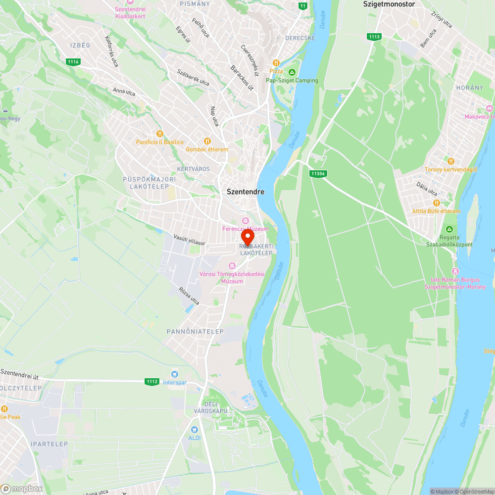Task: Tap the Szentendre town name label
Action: [x=246, y=192]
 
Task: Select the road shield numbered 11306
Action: [x=318, y=174]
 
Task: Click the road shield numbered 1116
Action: [x=73, y=61]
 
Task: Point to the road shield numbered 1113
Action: [x=374, y=37]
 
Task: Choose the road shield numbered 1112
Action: [x=152, y=382]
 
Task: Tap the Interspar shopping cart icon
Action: [x=174, y=374]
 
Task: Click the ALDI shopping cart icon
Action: [x=195, y=429]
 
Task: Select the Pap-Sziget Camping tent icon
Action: [x=292, y=72]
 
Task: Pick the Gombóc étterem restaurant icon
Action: [x=207, y=141]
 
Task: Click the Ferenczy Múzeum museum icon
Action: [x=245, y=220]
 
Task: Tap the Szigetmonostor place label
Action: [x=389, y=4]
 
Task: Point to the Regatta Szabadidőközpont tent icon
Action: [x=449, y=229]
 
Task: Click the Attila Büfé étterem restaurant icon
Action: [x=436, y=203]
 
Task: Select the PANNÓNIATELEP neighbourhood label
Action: [x=195, y=331]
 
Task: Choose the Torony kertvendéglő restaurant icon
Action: [x=450, y=161]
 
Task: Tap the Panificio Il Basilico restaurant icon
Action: [x=159, y=134]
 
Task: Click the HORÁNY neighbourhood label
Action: [x=469, y=88]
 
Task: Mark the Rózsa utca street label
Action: [x=189, y=295]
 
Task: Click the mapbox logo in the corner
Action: [x=22, y=489]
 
